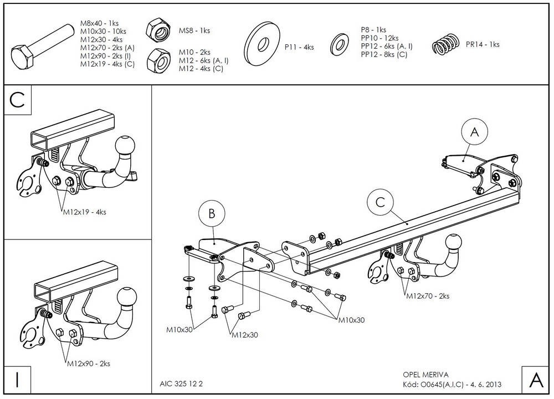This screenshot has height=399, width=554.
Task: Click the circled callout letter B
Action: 212,213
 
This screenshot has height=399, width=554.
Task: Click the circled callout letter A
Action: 475,131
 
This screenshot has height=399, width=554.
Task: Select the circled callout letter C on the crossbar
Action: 380,202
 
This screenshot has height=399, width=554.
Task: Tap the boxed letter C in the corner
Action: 17,100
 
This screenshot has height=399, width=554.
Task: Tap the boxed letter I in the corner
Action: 17,380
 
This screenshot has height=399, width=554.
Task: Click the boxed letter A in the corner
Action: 536,380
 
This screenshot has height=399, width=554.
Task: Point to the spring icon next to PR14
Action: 446,44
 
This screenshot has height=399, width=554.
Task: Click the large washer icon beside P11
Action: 261,43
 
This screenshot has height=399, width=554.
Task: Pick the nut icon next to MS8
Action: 158,29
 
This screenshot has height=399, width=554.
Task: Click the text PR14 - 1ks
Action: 483,44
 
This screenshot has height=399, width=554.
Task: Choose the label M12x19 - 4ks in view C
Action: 85,212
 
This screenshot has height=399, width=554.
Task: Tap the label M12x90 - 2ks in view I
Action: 89,364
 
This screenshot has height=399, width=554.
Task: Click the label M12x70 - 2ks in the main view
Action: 428,296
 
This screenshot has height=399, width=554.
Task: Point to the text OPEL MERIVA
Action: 425,375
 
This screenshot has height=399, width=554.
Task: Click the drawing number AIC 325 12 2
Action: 181,384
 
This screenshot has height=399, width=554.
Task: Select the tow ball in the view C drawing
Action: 125,146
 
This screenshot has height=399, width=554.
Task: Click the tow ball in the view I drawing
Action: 126,297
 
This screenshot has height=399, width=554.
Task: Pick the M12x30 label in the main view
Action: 245,335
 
